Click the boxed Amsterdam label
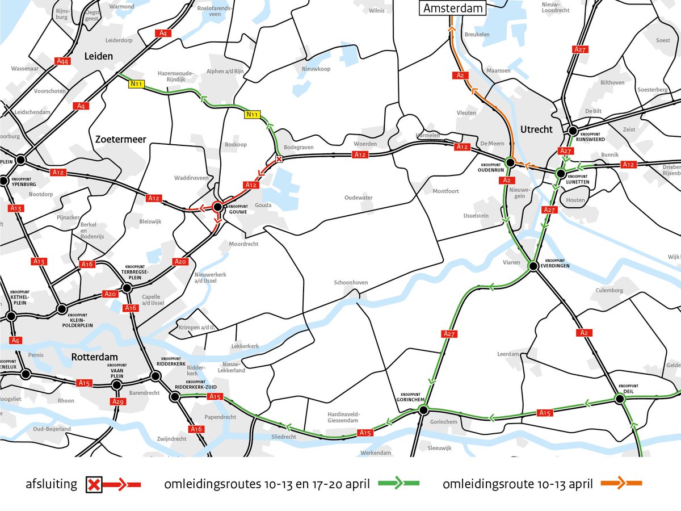pyautogui.click(x=452, y=8)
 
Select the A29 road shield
pyautogui.click(x=117, y=402)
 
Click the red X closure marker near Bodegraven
pyautogui.click(x=278, y=159)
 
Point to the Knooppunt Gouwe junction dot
pyautogui.click(x=217, y=207)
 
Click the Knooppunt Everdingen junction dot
pyautogui.click(x=533, y=266)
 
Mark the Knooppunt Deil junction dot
pyautogui.click(x=620, y=399)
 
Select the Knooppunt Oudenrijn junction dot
pyautogui.click(x=510, y=163)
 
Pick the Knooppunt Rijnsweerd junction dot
pyautogui.click(x=573, y=130)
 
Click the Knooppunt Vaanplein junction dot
pyautogui.click(x=117, y=385)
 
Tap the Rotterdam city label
pyautogui.click(x=94, y=357)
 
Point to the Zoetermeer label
pyautogui.click(x=121, y=139)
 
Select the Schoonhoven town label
pyautogui.click(x=351, y=282)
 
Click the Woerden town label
pyautogui.click(x=365, y=144)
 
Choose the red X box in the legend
pyautogui.click(x=94, y=485)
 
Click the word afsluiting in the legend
pyautogui.click(x=51, y=484)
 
